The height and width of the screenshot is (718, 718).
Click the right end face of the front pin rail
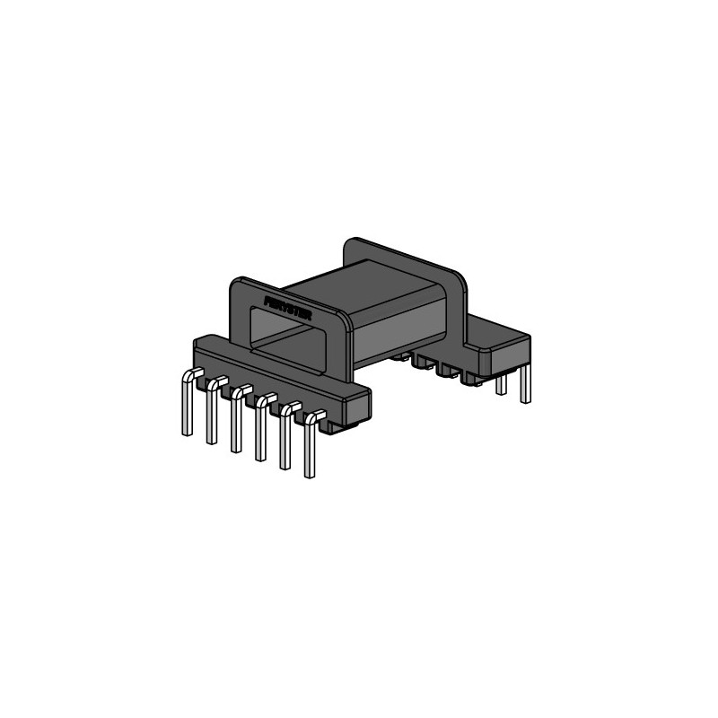click(x=360, y=405)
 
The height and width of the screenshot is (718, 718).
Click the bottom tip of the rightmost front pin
click(x=310, y=474)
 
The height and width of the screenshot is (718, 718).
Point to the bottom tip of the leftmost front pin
click(x=187, y=433)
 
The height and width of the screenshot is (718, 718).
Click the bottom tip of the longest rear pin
click(x=525, y=400)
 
